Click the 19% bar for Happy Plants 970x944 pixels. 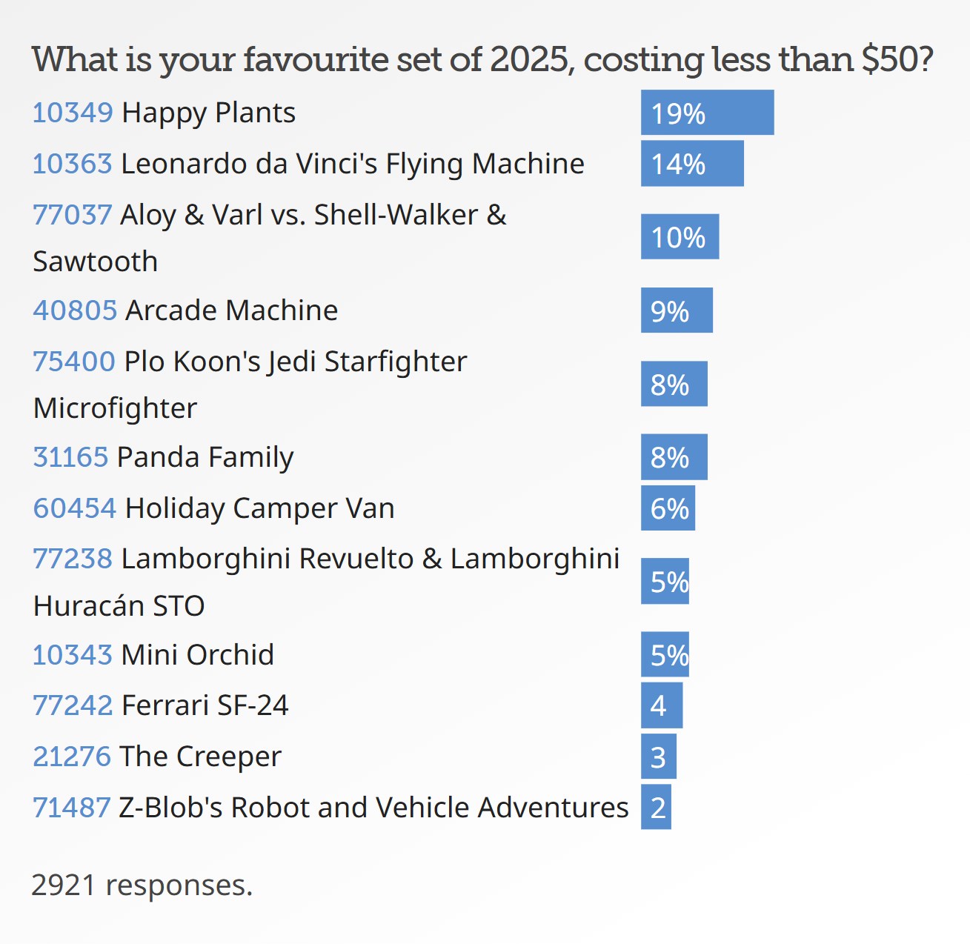pos(707,113)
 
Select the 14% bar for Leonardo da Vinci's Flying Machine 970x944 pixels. pos(692,163)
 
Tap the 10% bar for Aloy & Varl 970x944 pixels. pos(680,236)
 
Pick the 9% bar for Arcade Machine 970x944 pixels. pos(677,310)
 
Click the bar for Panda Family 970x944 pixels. pos(674,457)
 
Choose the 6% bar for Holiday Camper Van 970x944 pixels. pos(668,508)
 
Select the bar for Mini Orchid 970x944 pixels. pos(665,654)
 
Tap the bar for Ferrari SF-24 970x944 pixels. pos(661,705)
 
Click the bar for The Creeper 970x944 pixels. pos(658,757)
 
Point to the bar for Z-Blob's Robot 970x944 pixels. pos(656,807)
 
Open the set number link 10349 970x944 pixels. pos(73,113)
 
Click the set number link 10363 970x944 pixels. pos(73,164)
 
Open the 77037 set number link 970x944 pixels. pos(73,215)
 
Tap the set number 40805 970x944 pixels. pos(75,310)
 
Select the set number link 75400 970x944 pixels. pos(74,362)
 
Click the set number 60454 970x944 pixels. pos(75,508)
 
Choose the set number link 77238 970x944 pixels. pos(73,559)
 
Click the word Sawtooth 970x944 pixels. pos(96,262)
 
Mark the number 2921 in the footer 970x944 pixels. pos(64,885)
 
